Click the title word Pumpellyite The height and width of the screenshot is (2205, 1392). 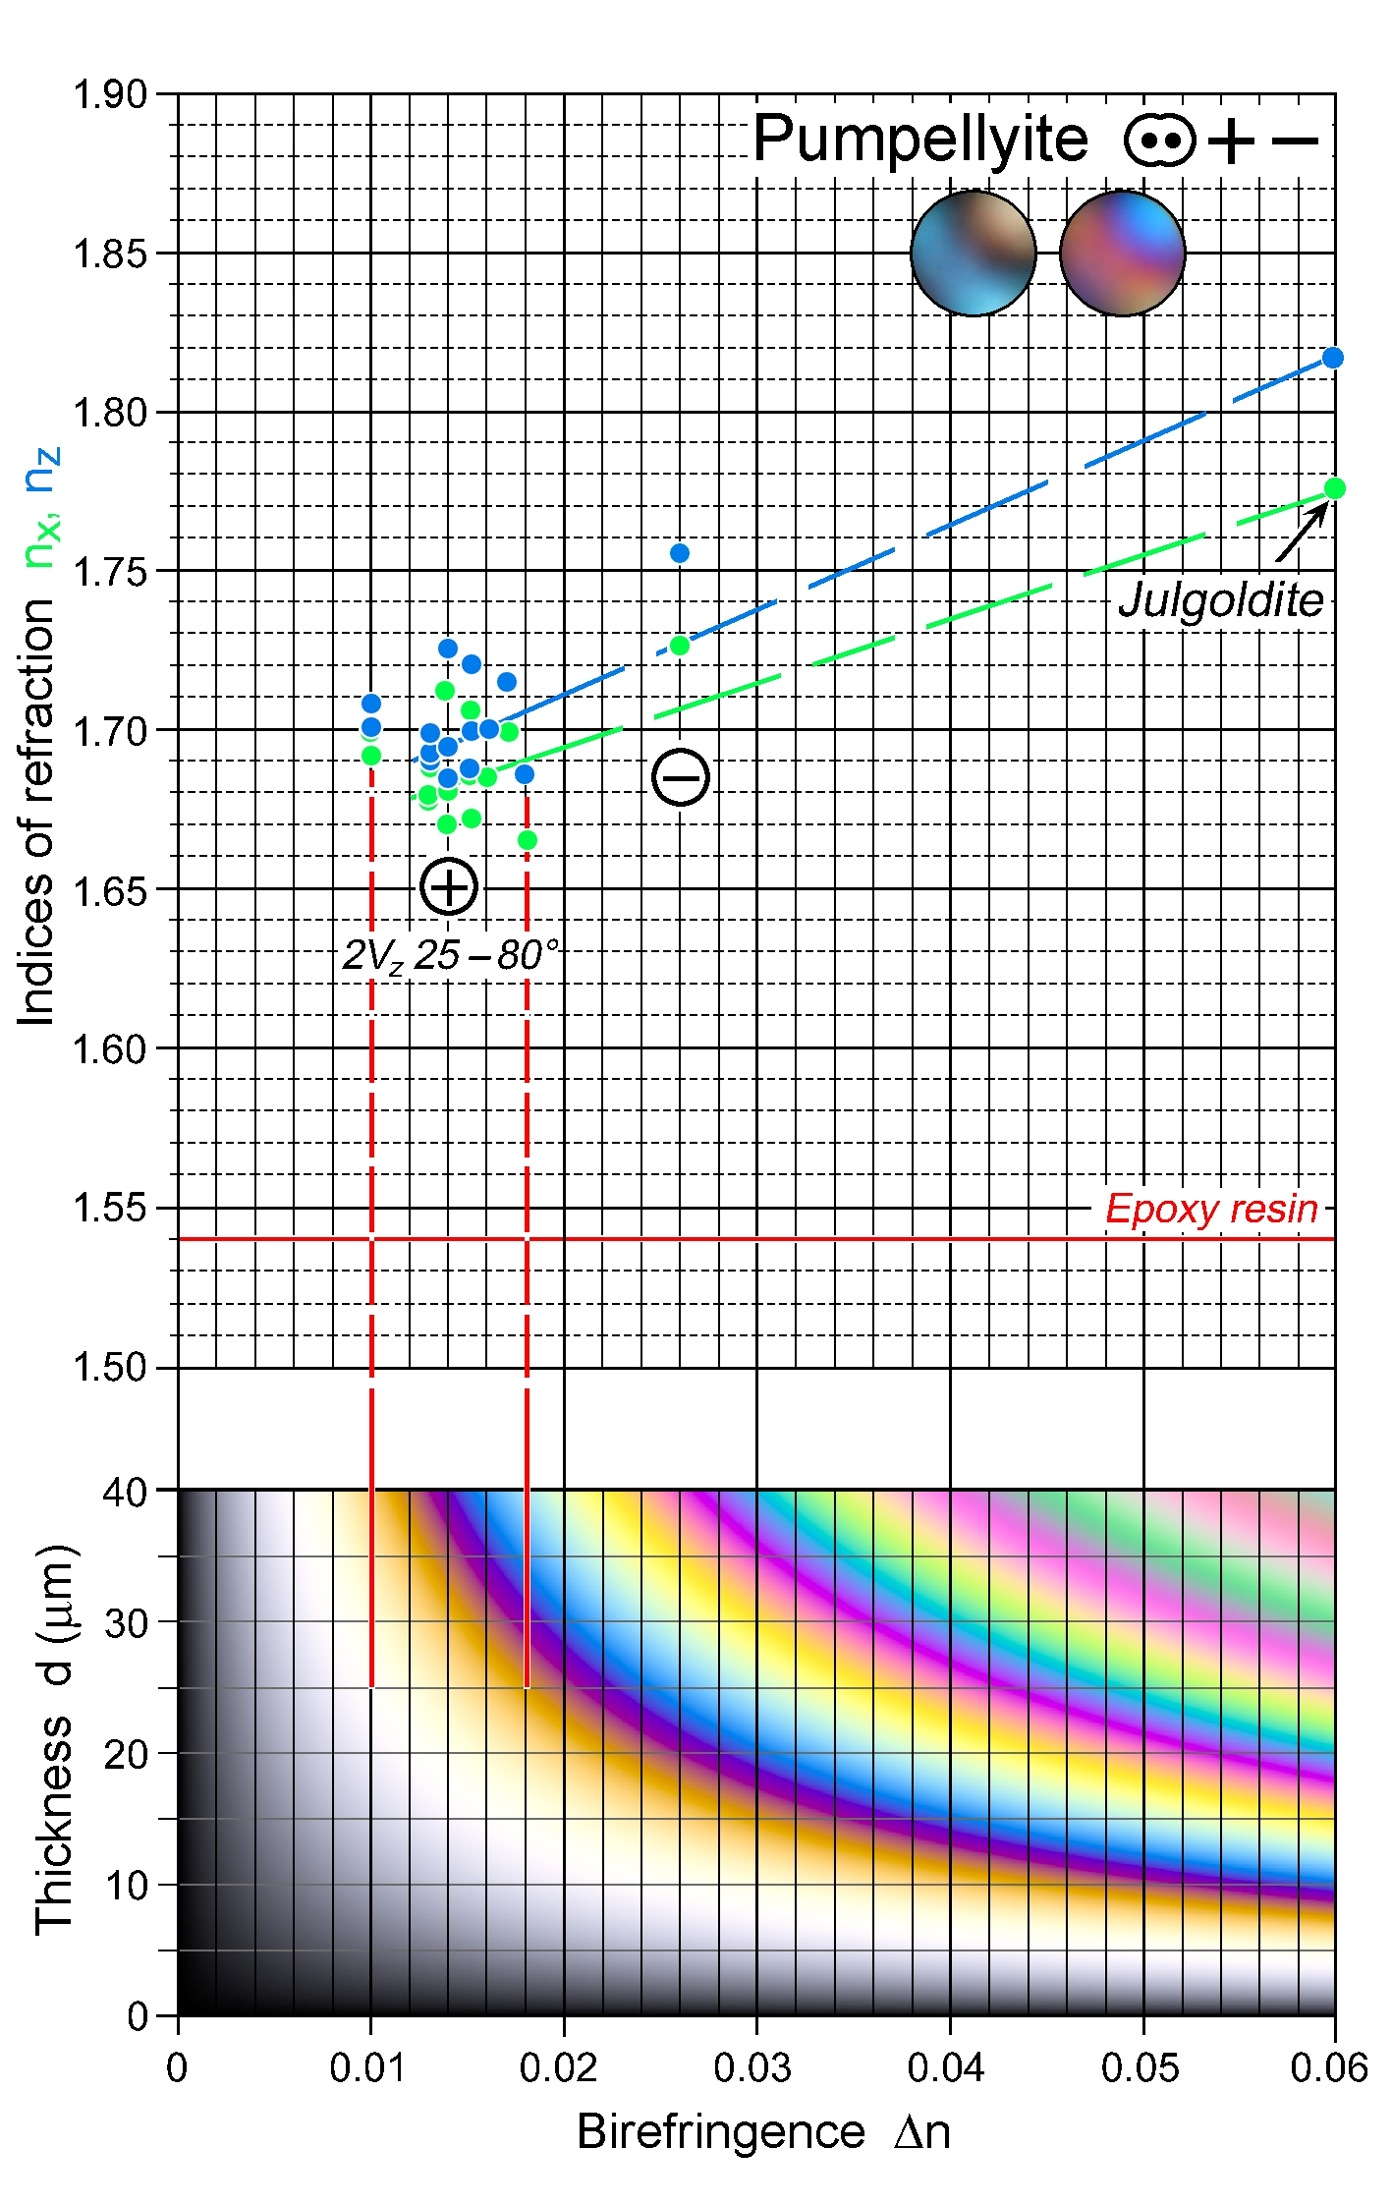pyautogui.click(x=920, y=140)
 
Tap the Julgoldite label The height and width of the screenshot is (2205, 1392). pyautogui.click(x=1221, y=600)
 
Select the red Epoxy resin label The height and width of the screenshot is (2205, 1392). pyautogui.click(x=1211, y=1209)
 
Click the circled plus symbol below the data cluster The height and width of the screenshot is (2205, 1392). pyautogui.click(x=449, y=886)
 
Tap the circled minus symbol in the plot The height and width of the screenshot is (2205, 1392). pyautogui.click(x=681, y=777)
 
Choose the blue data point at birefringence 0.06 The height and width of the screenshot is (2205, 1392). pyautogui.click(x=1333, y=358)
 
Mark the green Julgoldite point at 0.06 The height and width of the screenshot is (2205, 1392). pyautogui.click(x=1334, y=488)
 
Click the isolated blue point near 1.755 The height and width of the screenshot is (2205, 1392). pyautogui.click(x=680, y=553)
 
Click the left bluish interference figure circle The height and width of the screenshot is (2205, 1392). pyautogui.click(x=974, y=254)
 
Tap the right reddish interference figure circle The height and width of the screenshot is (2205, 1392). pyautogui.click(x=1123, y=254)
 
